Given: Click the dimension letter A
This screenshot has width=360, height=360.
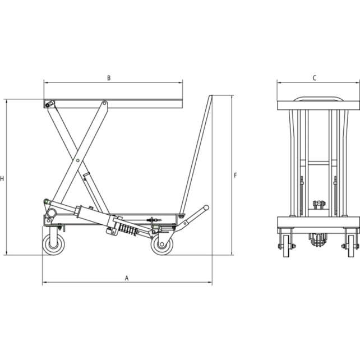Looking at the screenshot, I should coord(127,278).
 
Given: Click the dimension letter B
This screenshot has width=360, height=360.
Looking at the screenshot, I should coord(109,78).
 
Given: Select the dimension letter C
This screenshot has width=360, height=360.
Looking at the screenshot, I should coord(315,78).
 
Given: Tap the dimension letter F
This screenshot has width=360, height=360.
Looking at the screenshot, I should coord(236,176).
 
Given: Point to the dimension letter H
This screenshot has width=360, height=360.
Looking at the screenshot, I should coord(3,179).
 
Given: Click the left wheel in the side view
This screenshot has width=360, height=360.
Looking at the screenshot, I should coord(54,244).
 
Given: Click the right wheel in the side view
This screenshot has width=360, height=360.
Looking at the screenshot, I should coord(162,244).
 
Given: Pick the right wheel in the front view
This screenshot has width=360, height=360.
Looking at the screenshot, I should coord(352,246).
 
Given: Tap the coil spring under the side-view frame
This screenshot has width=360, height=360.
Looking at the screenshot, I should coord(127,230).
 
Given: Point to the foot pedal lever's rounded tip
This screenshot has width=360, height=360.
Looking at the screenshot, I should coord(206,208).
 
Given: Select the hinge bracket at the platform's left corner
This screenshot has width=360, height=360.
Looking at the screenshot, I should coord(49,104).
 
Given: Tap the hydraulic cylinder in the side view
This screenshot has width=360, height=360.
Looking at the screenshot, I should coord(90,214).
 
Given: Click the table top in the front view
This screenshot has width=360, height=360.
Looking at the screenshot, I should coord(317,104).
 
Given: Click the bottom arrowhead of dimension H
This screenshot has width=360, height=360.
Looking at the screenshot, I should coord(7,253).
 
